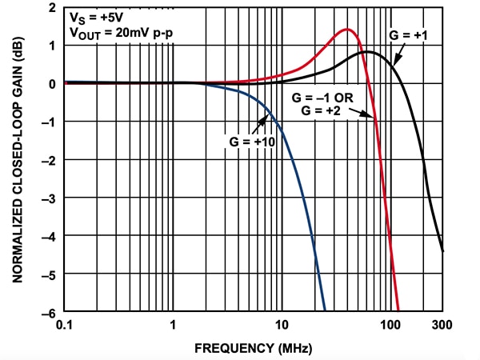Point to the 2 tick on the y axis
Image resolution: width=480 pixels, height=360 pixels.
pos(53,8)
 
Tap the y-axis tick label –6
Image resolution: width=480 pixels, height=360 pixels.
pos(50,310)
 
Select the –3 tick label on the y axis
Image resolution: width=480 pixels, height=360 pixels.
pos(50,197)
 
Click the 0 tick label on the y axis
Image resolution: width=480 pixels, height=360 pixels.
pos(53,83)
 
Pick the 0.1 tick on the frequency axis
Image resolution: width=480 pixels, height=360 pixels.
pos(65,325)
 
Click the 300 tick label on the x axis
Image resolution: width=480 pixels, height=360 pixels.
pos(442,325)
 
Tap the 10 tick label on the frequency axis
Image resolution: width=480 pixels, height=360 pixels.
pos(281,325)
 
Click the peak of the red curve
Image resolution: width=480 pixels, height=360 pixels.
pos(349,30)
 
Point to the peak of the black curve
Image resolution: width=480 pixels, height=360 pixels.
pos(366,52)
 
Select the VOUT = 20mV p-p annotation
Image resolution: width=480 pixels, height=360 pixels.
pos(115,34)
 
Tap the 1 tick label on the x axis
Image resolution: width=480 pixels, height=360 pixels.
pos(173,325)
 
